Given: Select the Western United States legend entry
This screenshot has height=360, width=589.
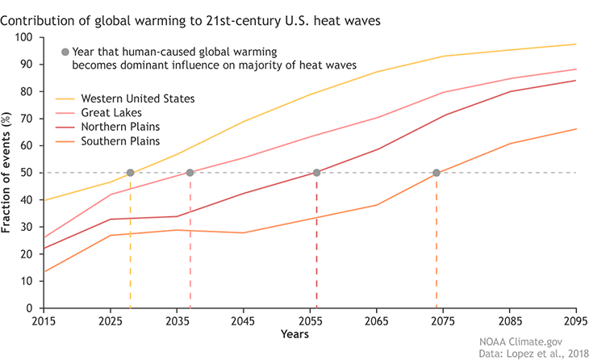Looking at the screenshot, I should tap(137, 99).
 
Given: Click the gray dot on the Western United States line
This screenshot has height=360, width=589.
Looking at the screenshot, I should tap(130, 173).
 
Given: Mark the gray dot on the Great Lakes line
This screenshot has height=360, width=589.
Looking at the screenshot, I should tap(190, 173).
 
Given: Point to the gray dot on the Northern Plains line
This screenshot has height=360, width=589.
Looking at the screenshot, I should tap(316, 173).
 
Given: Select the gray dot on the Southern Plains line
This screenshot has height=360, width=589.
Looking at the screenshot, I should tap(437, 173).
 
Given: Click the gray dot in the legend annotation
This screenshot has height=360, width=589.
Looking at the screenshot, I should tap(65, 52).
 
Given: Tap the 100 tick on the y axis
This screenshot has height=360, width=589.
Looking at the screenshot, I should tap(23, 38).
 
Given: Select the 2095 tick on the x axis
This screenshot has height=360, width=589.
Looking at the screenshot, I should tap(574, 320).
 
